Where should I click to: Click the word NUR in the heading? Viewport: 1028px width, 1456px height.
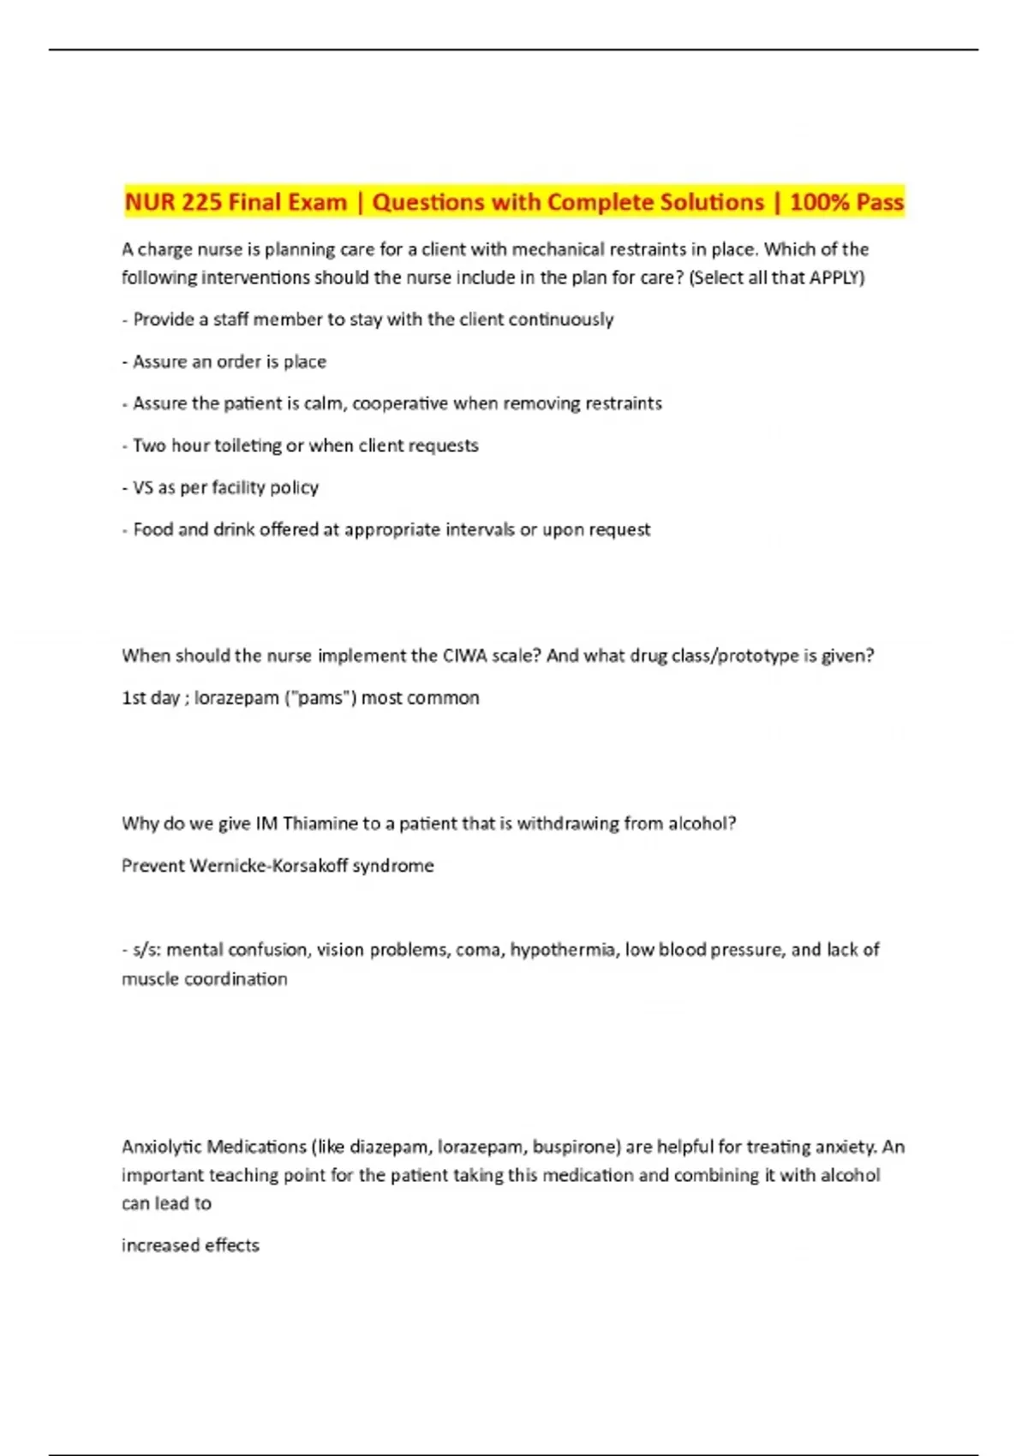pos(150,202)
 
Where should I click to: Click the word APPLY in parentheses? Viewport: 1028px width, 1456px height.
pos(834,277)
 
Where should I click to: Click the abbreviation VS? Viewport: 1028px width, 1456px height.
pos(142,487)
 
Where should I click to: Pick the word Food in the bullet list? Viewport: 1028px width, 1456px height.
pos(153,529)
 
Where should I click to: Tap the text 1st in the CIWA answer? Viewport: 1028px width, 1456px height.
pos(134,698)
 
